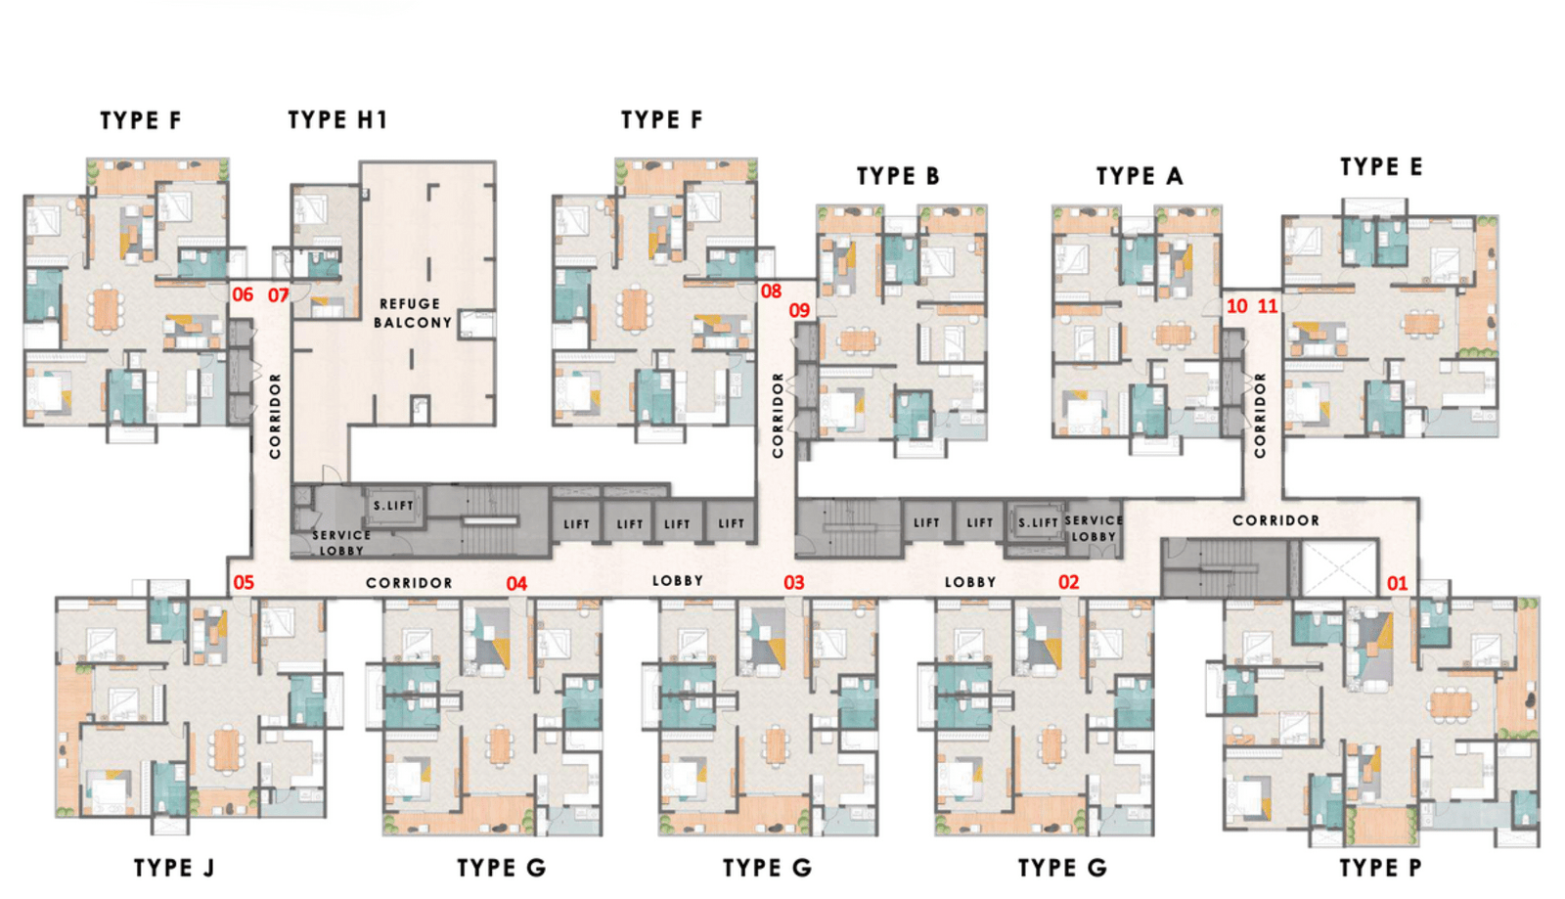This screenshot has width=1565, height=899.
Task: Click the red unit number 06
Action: [243, 294]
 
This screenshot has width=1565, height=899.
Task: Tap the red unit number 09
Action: [799, 310]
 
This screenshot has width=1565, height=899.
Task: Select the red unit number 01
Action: [1397, 583]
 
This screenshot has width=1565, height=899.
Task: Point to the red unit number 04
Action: [516, 583]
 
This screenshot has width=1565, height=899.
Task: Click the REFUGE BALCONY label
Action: [412, 313]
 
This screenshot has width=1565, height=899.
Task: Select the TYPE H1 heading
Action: [337, 120]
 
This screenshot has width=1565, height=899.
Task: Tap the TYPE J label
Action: [173, 868]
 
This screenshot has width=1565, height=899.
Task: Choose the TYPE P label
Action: [1380, 868]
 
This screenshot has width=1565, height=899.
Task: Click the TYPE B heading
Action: [897, 176]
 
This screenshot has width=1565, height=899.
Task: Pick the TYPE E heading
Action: [1380, 167]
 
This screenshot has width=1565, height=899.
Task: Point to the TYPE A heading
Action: [1139, 176]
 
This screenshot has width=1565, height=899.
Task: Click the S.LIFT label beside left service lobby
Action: [393, 506]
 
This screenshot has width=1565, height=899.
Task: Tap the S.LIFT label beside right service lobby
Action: [1038, 523]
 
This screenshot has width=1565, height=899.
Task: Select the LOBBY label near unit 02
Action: [969, 582]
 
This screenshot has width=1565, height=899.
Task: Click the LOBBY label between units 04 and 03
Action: [677, 581]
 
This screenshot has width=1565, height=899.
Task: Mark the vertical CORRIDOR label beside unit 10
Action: [1260, 415]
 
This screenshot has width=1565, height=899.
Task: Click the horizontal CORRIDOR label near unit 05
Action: [409, 583]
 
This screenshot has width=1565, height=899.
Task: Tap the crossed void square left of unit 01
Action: [1339, 566]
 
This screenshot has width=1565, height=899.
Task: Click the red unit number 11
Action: [1267, 306]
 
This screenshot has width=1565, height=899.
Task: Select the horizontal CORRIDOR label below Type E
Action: [1275, 520]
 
